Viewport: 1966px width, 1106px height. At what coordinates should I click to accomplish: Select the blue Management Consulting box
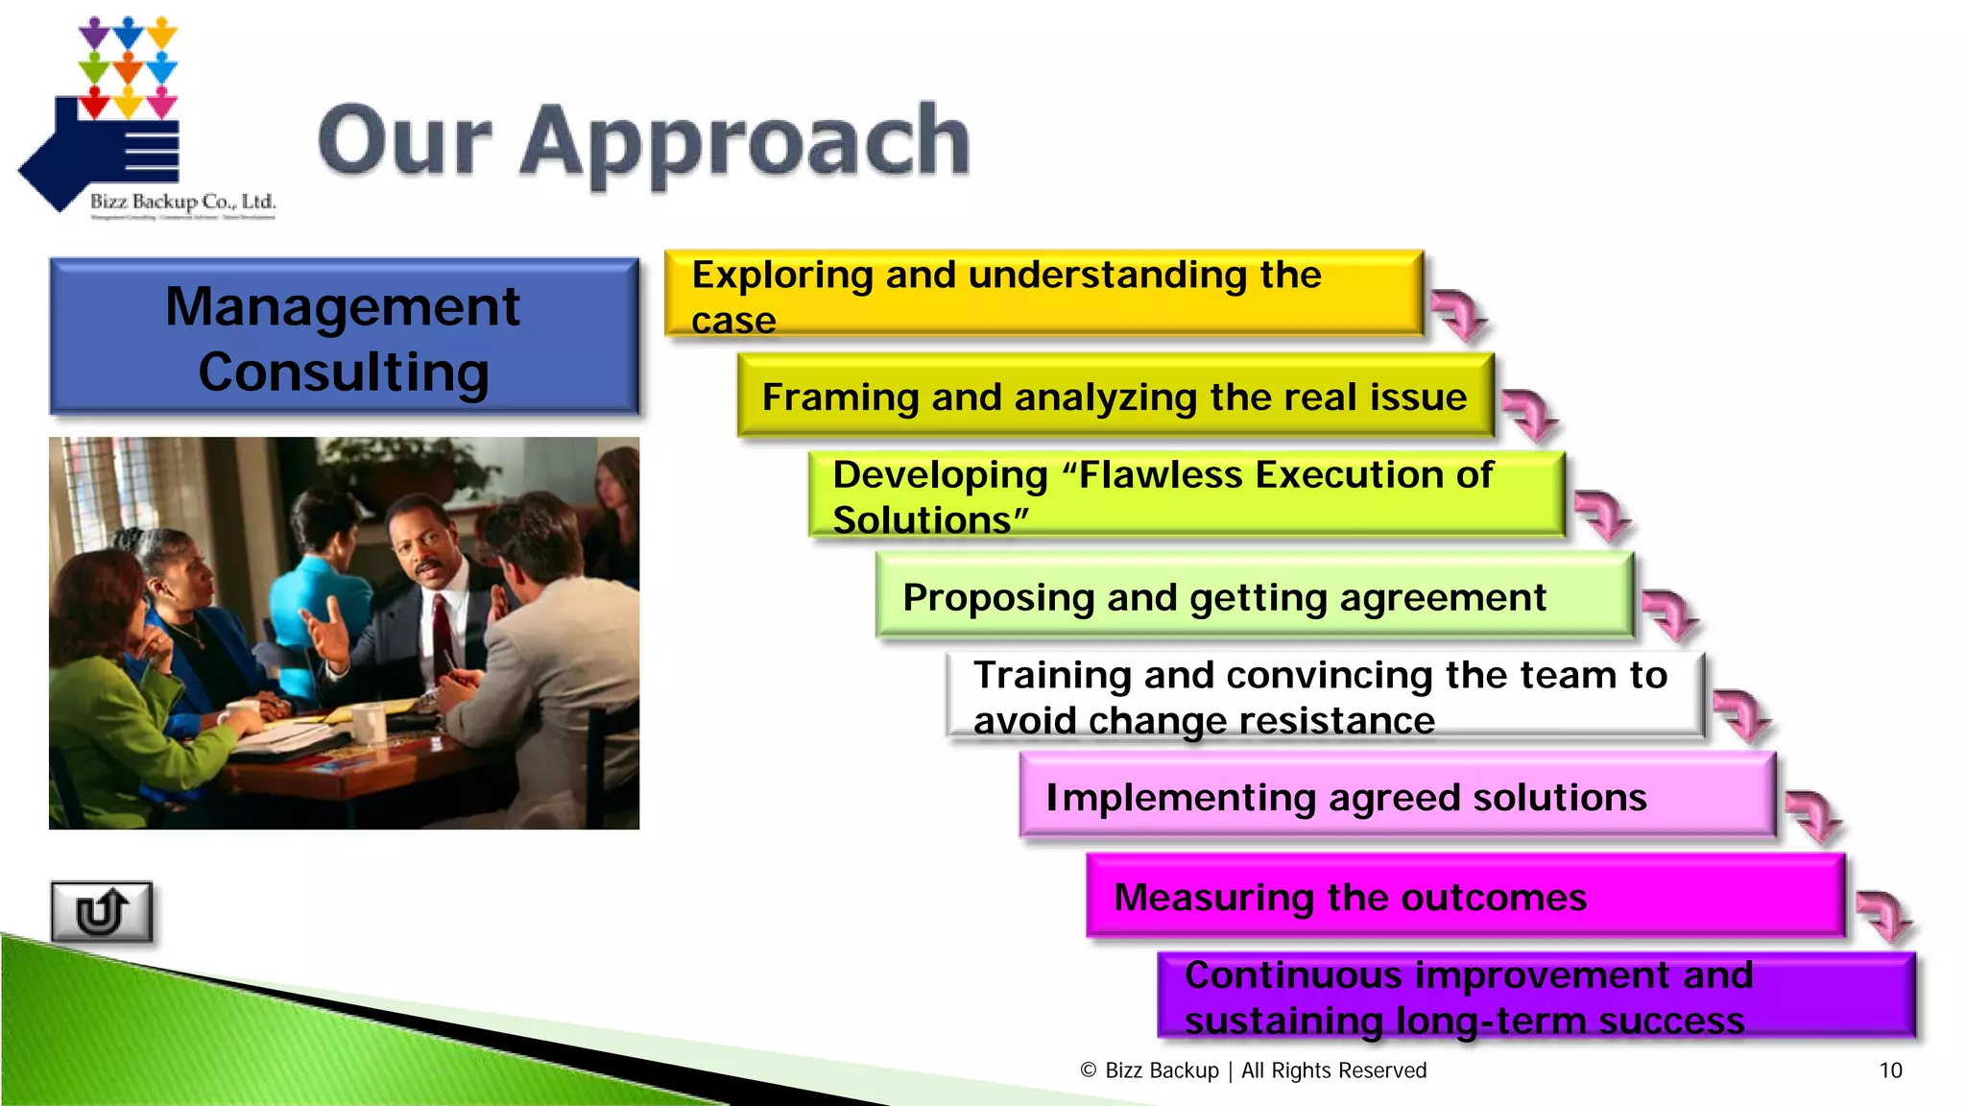click(x=344, y=337)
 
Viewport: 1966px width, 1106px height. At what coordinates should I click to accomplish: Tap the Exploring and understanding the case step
click(x=1043, y=294)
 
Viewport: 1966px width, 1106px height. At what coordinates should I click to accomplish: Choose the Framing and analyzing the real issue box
click(x=1115, y=397)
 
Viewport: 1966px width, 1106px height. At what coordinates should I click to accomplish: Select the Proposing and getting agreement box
click(x=1254, y=597)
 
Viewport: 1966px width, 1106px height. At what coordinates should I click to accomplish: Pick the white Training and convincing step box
click(x=1325, y=696)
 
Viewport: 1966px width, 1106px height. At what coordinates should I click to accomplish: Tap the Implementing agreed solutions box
click(x=1397, y=797)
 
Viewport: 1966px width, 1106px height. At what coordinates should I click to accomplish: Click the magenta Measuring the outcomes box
click(x=1465, y=897)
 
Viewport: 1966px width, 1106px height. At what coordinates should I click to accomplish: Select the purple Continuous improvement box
click(x=1536, y=997)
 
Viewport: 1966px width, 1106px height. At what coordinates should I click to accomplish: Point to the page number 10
click(x=1890, y=1070)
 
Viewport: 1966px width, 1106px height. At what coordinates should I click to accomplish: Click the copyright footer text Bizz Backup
click(x=1162, y=1070)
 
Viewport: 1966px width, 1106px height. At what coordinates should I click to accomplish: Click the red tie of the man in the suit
click(x=443, y=634)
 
